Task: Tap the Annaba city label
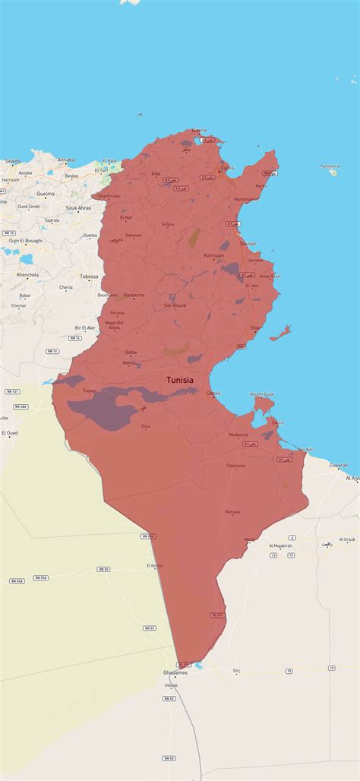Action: (66, 160)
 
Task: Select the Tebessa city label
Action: (90, 277)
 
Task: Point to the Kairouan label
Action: (214, 256)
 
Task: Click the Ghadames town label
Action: (175, 672)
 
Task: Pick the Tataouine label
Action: (236, 465)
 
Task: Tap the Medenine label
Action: (238, 435)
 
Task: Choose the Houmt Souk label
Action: (261, 394)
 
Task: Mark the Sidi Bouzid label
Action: (175, 305)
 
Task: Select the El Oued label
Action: (9, 432)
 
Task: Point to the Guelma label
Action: (46, 194)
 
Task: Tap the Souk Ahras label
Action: (78, 207)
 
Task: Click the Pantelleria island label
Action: (330, 166)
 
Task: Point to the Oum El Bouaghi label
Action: (26, 240)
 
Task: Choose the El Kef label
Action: (126, 218)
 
